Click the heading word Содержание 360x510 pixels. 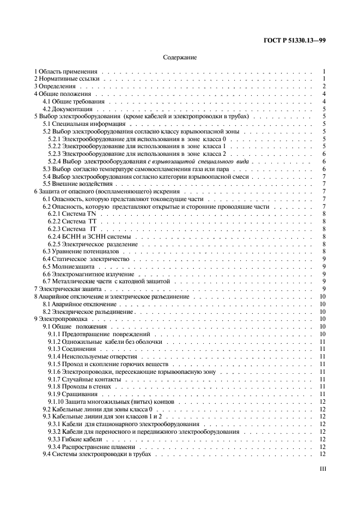tap(180, 57)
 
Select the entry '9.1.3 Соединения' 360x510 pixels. tap(72, 349)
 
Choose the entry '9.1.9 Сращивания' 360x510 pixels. tap(73, 393)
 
